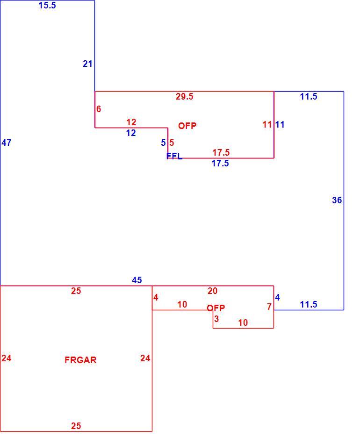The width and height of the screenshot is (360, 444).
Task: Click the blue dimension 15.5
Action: (47, 6)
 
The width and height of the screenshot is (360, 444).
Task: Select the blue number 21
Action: (87, 64)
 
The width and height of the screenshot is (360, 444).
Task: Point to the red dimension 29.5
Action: (184, 97)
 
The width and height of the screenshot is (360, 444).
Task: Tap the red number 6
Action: (99, 109)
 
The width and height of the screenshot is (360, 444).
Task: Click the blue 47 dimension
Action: (6, 143)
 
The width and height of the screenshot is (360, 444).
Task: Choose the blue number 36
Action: (337, 200)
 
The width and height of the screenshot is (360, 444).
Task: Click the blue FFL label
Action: (174, 156)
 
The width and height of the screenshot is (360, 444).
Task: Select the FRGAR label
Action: (80, 360)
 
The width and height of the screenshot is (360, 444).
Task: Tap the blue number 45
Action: (137, 280)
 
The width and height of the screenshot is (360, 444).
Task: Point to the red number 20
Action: (212, 291)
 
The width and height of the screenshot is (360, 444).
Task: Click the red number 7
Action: (269, 307)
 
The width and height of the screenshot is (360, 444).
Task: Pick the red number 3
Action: (216, 319)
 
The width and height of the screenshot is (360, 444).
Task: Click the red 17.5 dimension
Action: (221, 153)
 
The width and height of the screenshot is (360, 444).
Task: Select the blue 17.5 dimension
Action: (220, 164)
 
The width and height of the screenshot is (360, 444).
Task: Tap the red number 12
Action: (131, 122)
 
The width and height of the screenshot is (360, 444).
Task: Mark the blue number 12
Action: (131, 133)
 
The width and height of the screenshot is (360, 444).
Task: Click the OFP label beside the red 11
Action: (187, 126)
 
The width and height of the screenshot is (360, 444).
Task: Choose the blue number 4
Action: (277, 298)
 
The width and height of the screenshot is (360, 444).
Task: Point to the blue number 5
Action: (164, 143)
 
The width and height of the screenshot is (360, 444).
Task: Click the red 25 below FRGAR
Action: (76, 426)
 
